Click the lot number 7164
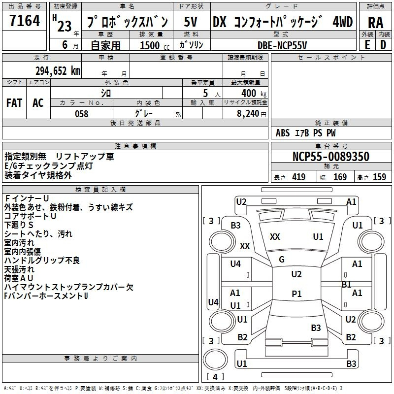pyautogui.click(x=25, y=21)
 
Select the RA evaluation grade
pyautogui.click(x=376, y=23)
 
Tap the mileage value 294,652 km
pyautogui.click(x=58, y=71)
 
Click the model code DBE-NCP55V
pyautogui.click(x=282, y=45)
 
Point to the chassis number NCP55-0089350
pyautogui.click(x=331, y=157)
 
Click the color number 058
pyautogui.click(x=82, y=114)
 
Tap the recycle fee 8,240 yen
pyautogui.click(x=252, y=114)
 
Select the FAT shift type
pyautogui.click(x=14, y=103)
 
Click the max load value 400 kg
pyautogui.click(x=254, y=93)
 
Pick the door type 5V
pyautogui.click(x=191, y=22)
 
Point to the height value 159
pyautogui.click(x=379, y=177)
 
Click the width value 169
pyautogui.click(x=340, y=177)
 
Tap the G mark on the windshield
pyautogui.click(x=282, y=260)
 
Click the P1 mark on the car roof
pyautogui.click(x=296, y=294)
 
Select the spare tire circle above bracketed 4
pyautogui.click(x=215, y=360)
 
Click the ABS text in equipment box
pyautogui.click(x=283, y=133)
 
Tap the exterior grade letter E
pyautogui.click(x=367, y=45)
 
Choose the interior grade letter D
pyautogui.click(x=383, y=45)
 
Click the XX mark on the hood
pyautogui.click(x=275, y=237)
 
